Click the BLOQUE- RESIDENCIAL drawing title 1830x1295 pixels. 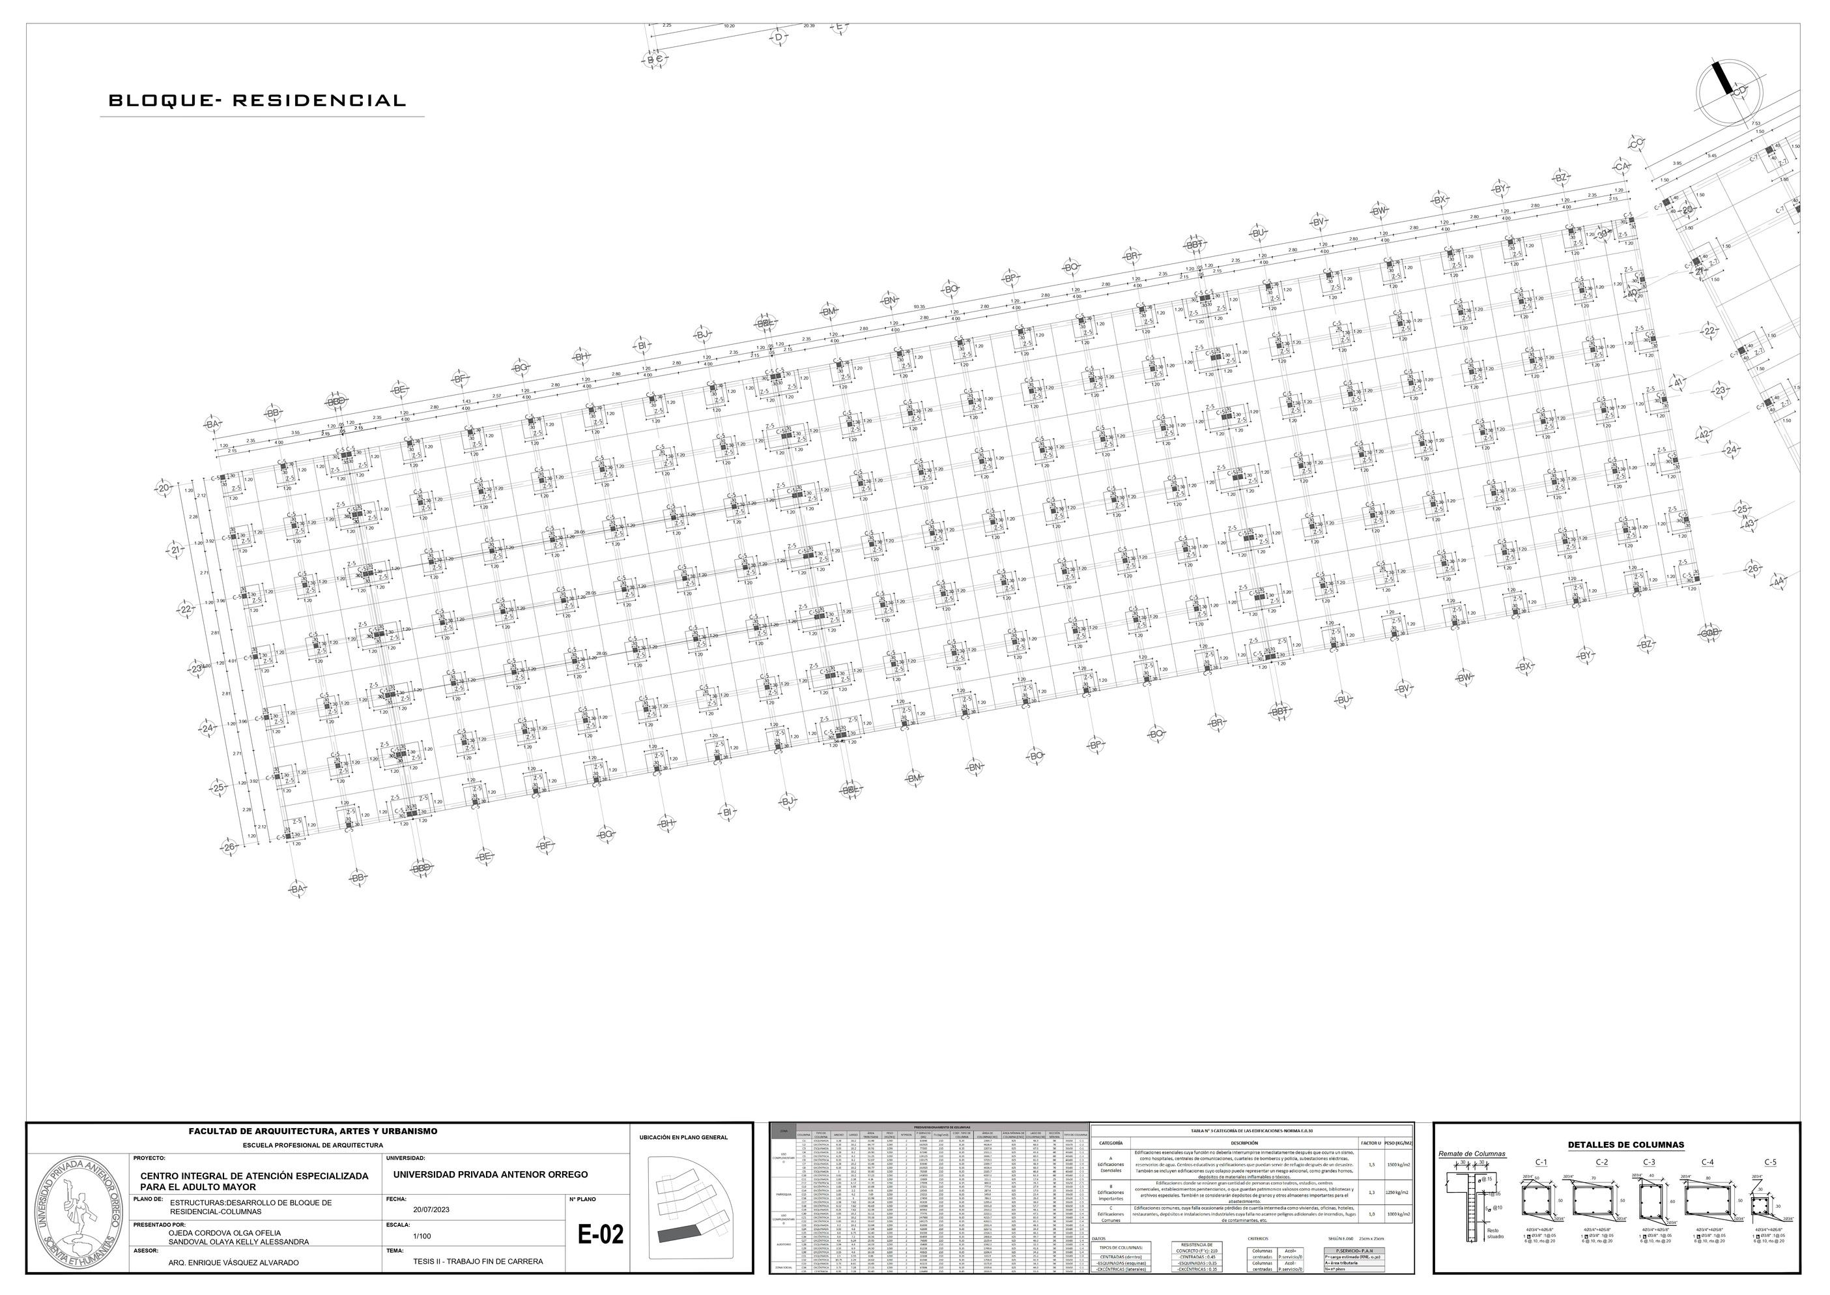click(x=257, y=101)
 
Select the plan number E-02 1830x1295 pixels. click(x=600, y=1235)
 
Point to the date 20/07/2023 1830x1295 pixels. click(x=431, y=1210)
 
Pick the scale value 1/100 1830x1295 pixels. click(x=422, y=1236)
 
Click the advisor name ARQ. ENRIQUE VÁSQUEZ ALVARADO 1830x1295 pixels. click(x=233, y=1263)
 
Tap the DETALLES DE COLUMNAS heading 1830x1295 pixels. click(x=1625, y=1145)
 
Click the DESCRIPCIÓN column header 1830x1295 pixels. click(x=1244, y=1142)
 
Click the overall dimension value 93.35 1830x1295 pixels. click(x=919, y=306)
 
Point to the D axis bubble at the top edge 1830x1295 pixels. click(x=779, y=36)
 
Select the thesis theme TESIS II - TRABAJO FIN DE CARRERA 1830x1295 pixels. click(x=478, y=1262)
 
